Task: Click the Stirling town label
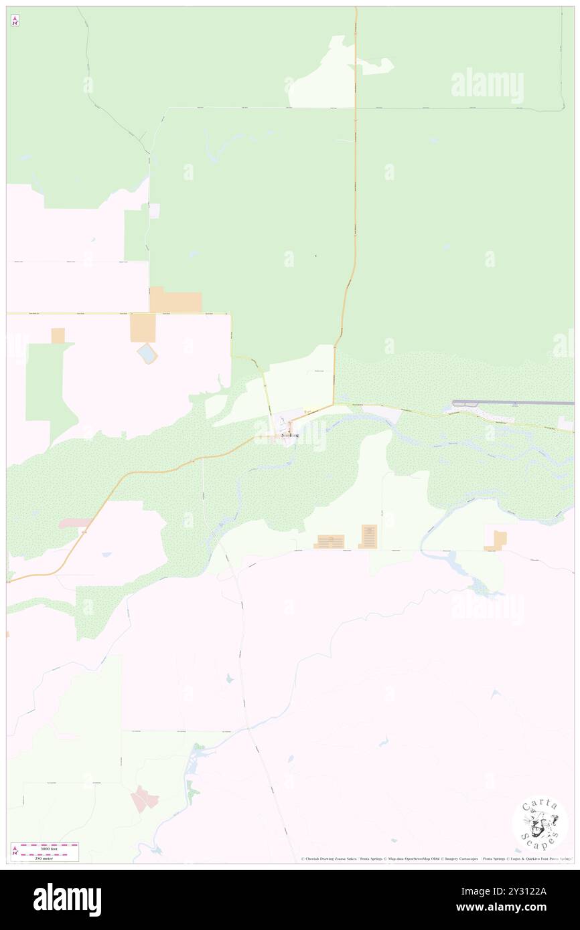tap(290, 435)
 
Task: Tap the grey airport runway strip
tap(512, 403)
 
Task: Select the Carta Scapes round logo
tap(540, 824)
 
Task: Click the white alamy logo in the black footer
tap(67, 900)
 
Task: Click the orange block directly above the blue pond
tap(143, 328)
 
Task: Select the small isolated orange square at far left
tap(58, 335)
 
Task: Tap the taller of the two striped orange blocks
tap(369, 536)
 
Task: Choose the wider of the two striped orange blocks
tap(330, 541)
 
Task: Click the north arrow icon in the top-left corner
tap(15, 20)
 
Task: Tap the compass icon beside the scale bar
tap(15, 851)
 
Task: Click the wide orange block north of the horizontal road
tap(175, 300)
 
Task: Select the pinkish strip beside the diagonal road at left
tap(75, 523)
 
